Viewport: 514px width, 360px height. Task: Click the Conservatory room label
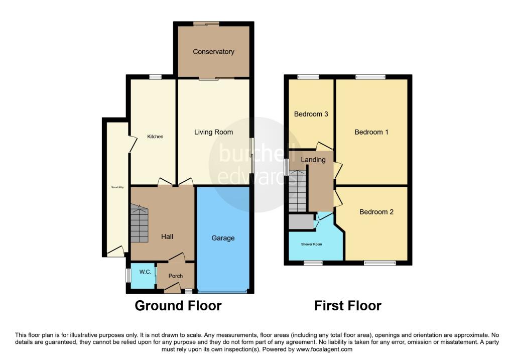(x=213, y=52)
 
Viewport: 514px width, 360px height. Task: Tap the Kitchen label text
(x=155, y=137)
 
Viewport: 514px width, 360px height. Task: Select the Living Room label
(x=213, y=133)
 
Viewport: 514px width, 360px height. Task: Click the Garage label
(x=223, y=238)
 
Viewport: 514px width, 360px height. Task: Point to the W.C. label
(x=145, y=272)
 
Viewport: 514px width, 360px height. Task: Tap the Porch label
(x=176, y=276)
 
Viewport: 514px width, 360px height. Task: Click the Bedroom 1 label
(x=371, y=132)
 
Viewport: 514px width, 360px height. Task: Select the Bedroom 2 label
(x=376, y=212)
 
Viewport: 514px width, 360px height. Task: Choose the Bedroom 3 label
(x=311, y=114)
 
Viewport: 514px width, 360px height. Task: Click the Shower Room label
(x=312, y=245)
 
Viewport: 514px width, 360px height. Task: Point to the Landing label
(x=313, y=160)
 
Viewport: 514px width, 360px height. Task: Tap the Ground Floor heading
(x=178, y=305)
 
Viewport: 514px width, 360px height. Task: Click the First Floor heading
(x=348, y=305)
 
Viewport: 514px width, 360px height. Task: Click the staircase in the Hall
(x=140, y=223)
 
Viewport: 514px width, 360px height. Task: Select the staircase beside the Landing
(x=297, y=191)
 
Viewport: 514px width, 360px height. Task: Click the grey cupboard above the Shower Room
(x=301, y=221)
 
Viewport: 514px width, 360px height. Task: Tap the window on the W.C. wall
(x=128, y=275)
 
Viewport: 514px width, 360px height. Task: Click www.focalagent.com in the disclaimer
(x=325, y=349)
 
